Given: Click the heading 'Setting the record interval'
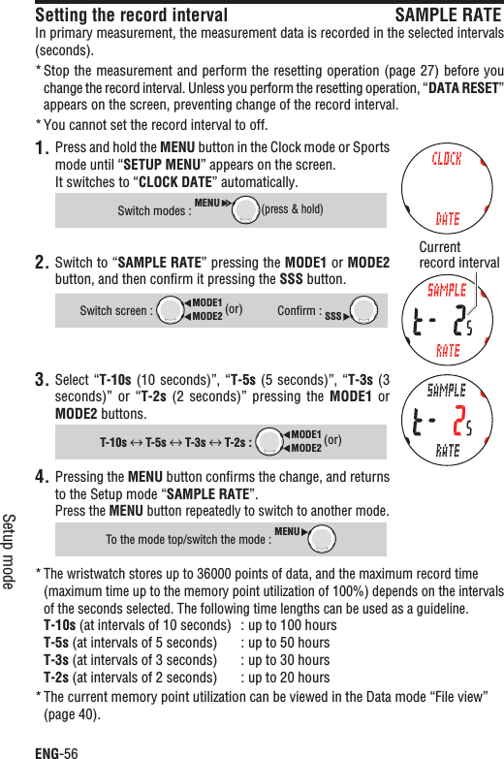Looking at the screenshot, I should click(131, 16).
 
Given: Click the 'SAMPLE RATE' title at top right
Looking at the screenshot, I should click(448, 16).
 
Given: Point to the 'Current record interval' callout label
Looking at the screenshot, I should click(458, 255).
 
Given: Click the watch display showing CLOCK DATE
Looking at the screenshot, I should click(447, 189).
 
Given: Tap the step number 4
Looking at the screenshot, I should click(42, 478).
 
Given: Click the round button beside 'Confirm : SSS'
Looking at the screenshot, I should click(363, 310).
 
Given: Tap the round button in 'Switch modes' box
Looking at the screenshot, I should click(246, 208).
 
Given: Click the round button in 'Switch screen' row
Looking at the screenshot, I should click(171, 310).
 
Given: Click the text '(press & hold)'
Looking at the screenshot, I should click(293, 209).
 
